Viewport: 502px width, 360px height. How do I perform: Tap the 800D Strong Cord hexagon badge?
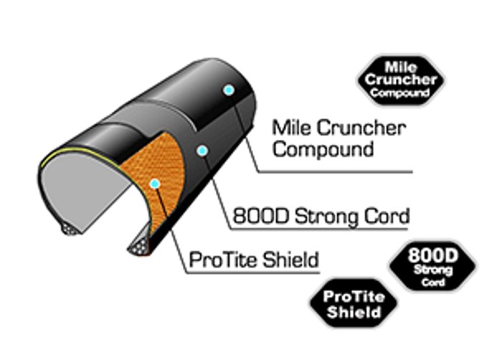432,265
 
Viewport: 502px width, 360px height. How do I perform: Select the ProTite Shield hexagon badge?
352,304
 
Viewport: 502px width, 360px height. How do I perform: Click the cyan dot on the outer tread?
229,90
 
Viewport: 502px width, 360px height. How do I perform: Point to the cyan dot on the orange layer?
153,184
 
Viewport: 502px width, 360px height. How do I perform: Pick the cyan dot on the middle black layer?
203,151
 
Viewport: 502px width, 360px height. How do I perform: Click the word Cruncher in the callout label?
359,129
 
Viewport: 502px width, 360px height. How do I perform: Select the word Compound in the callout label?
323,149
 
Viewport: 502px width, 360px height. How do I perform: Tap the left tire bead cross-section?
70,227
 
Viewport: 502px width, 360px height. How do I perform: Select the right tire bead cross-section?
138,248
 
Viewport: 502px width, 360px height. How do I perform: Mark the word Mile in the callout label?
290,129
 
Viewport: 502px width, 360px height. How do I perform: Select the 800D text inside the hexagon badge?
432,255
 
